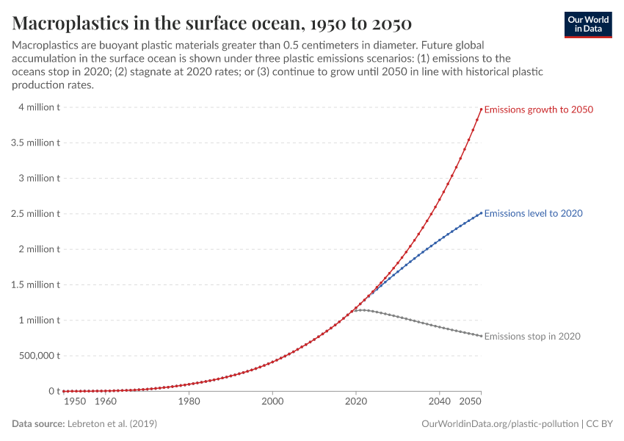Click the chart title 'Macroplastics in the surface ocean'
pos(212,22)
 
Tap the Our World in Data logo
pos(587,24)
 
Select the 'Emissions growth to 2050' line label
pos(539,110)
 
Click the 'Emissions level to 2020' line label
pos(534,213)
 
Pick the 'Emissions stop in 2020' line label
pos(532,336)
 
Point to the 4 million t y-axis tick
pos(35,107)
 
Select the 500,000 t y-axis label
pos(35,356)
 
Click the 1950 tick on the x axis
pos(75,402)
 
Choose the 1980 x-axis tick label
pos(189,402)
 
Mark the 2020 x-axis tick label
pos(356,402)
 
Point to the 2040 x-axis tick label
pos(440,402)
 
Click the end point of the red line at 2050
pos(482,110)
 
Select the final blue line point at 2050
pos(482,213)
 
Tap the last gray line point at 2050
pos(482,336)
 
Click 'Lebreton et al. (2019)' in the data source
pos(112,424)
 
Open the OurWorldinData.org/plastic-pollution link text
pos(500,424)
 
